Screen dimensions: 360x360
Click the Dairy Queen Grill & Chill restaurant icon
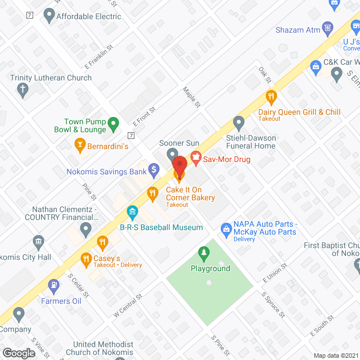(x=271, y=96)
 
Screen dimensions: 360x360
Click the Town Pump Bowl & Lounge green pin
(x=113, y=121)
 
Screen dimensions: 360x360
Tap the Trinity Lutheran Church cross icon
(x=22, y=89)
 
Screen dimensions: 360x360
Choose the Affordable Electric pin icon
(x=48, y=16)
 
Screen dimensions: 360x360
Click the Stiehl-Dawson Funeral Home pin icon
(x=239, y=121)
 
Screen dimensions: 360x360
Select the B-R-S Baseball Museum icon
(x=133, y=213)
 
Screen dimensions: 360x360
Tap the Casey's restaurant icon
(x=102, y=242)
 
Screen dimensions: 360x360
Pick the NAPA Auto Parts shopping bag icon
(x=226, y=228)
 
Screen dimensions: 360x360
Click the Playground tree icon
(x=202, y=254)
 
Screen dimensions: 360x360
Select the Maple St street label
(x=192, y=97)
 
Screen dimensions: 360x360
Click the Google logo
(x=18, y=353)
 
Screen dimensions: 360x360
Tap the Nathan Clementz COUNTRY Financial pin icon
(x=85, y=228)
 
